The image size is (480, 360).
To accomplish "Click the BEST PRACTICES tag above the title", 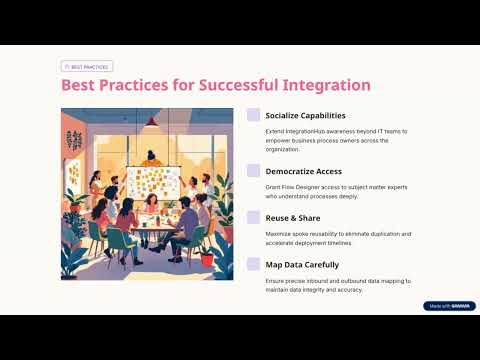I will coord(87,66).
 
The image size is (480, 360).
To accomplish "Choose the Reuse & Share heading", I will coord(294,216).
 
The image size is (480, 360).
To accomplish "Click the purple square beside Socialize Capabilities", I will coord(253,115).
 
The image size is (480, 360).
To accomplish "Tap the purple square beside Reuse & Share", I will coord(253,216).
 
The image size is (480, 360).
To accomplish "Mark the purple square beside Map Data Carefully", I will coord(253,265).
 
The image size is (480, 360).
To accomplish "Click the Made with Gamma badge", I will coord(449,306).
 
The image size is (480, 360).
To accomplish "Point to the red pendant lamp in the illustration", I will coord(151,122).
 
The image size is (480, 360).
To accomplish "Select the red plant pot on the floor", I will coord(206,259).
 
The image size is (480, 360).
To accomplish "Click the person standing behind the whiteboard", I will coord(153,157).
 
